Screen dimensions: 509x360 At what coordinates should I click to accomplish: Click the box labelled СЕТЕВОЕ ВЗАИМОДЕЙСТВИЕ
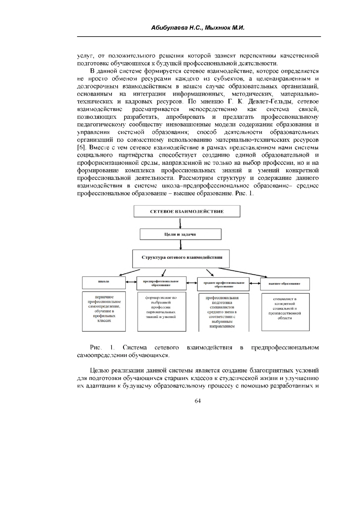click(187, 211)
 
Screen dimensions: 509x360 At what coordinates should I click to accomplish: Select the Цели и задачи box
click(180, 234)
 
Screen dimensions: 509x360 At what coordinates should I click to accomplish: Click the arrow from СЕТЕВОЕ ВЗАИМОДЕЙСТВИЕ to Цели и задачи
click(180, 223)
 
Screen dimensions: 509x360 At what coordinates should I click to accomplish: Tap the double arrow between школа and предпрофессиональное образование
click(131, 282)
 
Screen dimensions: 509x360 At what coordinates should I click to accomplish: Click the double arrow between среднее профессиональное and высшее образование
click(255, 284)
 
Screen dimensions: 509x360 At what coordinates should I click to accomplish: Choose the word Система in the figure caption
click(135, 348)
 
